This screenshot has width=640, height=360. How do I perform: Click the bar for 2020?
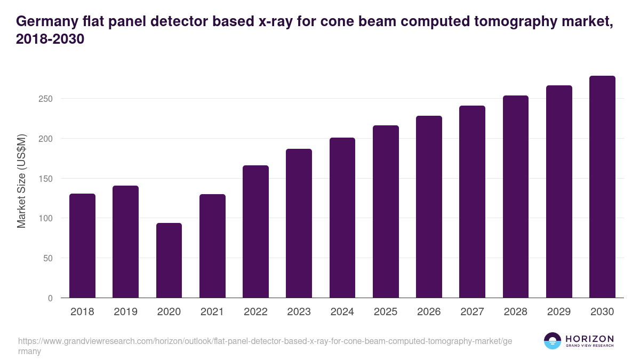click(x=169, y=260)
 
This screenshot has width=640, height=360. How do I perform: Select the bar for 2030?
click(x=602, y=187)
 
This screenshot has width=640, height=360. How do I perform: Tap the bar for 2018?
click(x=82, y=245)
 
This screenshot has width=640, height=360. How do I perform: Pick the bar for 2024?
click(x=342, y=218)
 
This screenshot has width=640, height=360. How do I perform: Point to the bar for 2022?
click(x=255, y=231)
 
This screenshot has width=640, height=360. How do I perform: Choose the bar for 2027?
click(x=472, y=202)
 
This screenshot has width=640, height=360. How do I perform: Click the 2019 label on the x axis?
click(x=125, y=312)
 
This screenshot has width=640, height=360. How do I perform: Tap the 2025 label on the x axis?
click(x=386, y=312)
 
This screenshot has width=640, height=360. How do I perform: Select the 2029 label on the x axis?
click(x=559, y=312)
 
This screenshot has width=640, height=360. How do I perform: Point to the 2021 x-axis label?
click(x=212, y=312)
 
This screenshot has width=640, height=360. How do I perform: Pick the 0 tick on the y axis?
click(x=50, y=298)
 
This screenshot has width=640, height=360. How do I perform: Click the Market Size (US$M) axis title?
click(x=21, y=181)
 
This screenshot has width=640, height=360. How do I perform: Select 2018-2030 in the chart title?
click(x=51, y=39)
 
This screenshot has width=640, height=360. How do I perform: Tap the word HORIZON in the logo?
click(x=589, y=339)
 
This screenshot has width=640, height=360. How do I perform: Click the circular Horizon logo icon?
click(x=553, y=341)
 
